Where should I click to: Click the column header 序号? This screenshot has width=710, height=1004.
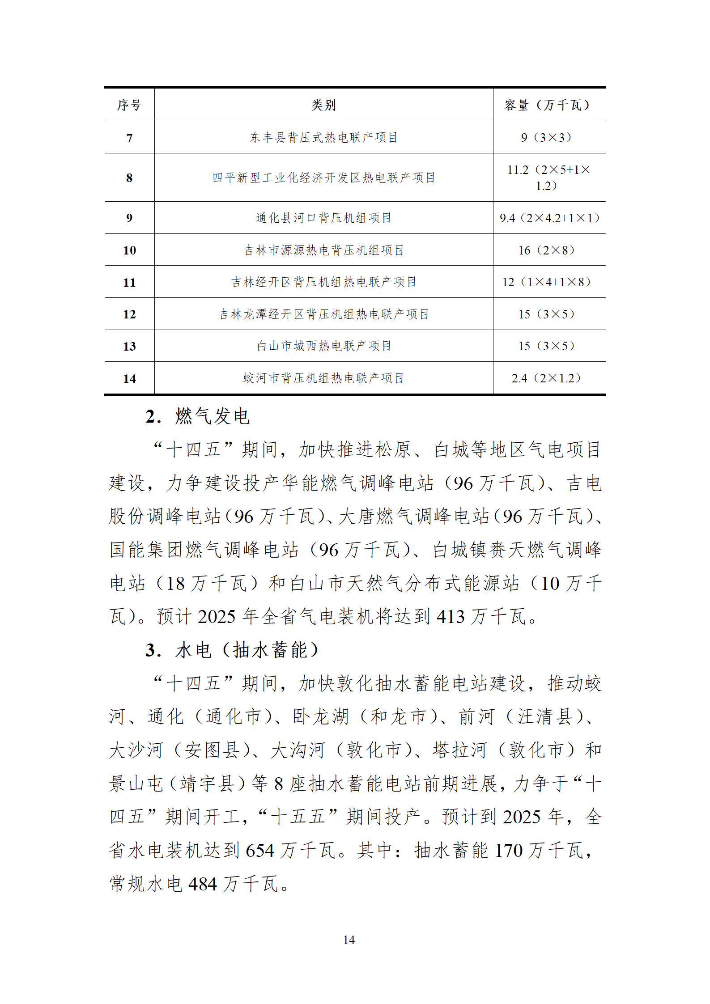point(129,105)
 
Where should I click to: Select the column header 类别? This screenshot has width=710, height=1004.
point(323,105)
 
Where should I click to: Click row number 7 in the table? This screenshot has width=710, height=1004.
point(129,138)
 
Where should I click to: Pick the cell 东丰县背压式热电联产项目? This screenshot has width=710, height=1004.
point(323,137)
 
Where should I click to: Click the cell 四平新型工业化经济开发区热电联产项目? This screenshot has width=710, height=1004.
point(323,178)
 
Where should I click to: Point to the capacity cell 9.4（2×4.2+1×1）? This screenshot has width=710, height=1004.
point(549,218)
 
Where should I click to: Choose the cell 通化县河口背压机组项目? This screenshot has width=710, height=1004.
point(323,218)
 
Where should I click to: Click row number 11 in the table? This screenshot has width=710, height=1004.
point(129,282)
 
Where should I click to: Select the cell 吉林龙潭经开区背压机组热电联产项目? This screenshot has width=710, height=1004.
point(323,314)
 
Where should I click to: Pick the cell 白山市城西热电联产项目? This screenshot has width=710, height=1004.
point(323,346)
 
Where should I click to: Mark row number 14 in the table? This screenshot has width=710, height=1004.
point(129,378)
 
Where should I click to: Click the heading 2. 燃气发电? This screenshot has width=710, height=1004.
point(197,416)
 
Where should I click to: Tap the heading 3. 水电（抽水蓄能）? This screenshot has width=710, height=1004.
point(231,650)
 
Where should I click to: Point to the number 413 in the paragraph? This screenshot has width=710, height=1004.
point(450,617)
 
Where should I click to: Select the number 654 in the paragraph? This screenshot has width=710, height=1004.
point(259,850)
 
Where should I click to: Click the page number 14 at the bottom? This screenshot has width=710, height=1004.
point(349,940)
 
